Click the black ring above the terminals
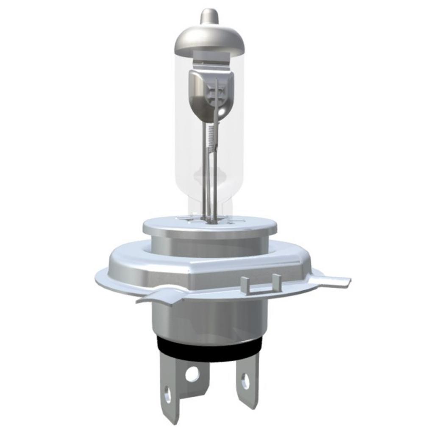pos(210,346)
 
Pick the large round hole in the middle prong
pos(192,373)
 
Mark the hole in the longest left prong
pos(168,395)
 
